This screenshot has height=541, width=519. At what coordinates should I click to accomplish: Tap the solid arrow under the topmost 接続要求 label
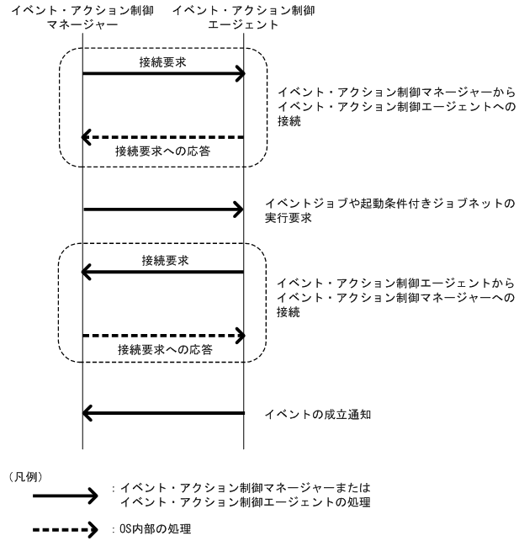[x=163, y=75]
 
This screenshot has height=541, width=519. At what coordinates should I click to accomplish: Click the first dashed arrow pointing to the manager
[x=163, y=137]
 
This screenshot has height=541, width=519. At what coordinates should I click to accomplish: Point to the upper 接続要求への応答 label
[x=163, y=151]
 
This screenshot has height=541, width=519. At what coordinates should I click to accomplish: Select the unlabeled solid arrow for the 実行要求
[x=163, y=210]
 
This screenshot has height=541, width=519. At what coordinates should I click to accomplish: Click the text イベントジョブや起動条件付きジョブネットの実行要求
[x=389, y=210]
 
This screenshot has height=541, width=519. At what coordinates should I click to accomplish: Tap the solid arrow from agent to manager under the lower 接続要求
[x=163, y=271]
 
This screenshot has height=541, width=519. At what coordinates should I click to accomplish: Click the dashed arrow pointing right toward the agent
[x=163, y=336]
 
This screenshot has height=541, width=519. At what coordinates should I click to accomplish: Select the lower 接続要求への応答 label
[x=163, y=349]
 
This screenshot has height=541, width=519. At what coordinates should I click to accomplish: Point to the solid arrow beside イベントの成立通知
[x=163, y=413]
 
